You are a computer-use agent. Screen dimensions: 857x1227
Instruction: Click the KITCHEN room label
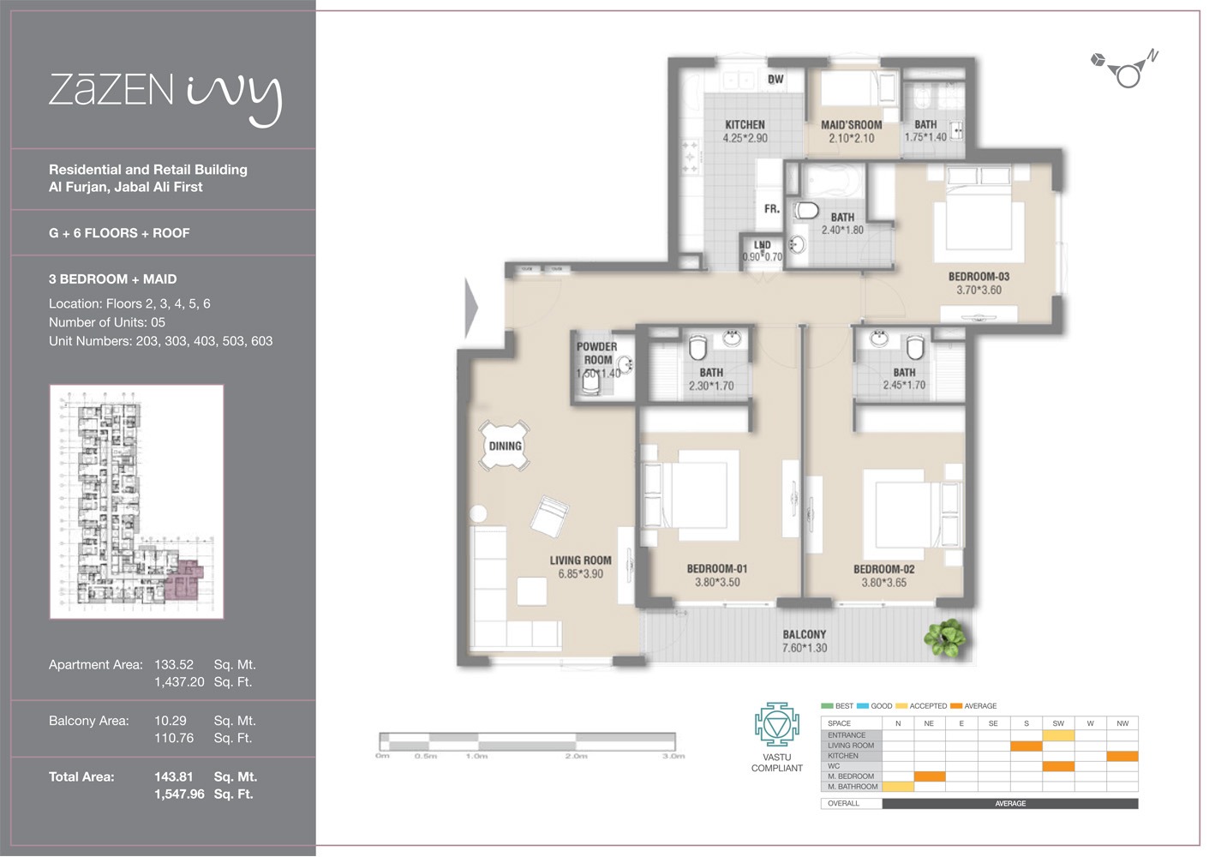click(x=745, y=124)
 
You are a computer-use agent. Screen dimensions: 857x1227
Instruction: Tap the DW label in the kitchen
click(x=775, y=79)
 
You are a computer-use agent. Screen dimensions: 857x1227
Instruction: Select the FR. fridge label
click(x=771, y=208)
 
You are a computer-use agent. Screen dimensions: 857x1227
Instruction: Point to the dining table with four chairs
click(x=505, y=446)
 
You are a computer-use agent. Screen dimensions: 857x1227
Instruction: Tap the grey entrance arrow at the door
click(x=470, y=309)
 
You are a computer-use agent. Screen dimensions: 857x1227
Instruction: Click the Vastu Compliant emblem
click(x=776, y=725)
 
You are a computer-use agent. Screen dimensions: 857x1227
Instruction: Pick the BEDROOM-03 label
click(x=979, y=277)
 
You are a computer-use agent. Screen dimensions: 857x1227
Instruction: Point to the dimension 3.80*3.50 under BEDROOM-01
click(x=717, y=583)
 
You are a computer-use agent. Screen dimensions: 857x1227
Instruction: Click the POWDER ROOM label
click(x=596, y=353)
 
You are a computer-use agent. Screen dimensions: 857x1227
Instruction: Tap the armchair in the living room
click(x=548, y=516)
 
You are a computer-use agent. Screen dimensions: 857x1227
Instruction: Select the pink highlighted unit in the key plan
click(x=183, y=579)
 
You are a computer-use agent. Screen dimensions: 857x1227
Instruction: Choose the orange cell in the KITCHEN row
click(x=1122, y=756)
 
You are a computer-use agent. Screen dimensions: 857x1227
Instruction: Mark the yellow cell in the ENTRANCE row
click(x=1057, y=735)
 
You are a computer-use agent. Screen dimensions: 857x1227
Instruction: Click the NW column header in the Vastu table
click(x=1122, y=723)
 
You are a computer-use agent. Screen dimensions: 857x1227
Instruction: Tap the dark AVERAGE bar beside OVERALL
click(x=1009, y=804)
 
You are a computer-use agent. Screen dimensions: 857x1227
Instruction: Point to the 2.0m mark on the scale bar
click(x=576, y=756)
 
